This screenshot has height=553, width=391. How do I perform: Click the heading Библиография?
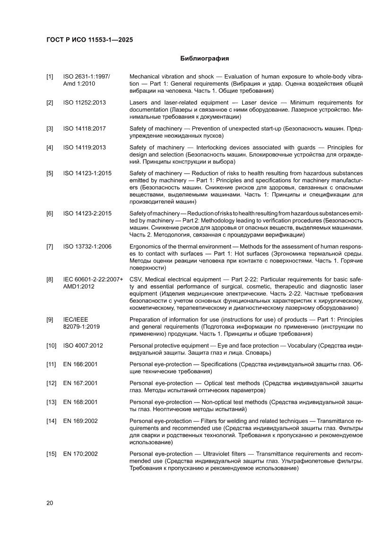point(204,59)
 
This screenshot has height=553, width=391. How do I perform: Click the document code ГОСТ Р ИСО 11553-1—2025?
point(89,40)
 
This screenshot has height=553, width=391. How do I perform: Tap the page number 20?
point(50,503)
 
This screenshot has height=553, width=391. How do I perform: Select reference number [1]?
point(50,76)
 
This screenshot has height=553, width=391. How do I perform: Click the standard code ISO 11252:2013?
point(84,103)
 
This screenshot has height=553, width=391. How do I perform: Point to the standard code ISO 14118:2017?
point(84,129)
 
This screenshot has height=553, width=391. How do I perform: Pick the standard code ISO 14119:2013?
point(84,148)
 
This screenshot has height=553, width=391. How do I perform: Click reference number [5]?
point(50,174)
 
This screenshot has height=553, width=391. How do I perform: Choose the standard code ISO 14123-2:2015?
point(87,213)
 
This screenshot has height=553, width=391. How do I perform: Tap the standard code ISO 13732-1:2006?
point(87,246)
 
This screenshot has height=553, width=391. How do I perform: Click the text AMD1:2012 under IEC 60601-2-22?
point(79,287)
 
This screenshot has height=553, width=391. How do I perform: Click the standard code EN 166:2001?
point(80,365)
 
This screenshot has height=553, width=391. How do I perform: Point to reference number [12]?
point(51,383)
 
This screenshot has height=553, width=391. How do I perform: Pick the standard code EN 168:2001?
point(80,402)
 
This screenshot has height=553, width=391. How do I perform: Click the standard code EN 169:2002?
point(80,421)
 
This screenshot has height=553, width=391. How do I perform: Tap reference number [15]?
point(51,454)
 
